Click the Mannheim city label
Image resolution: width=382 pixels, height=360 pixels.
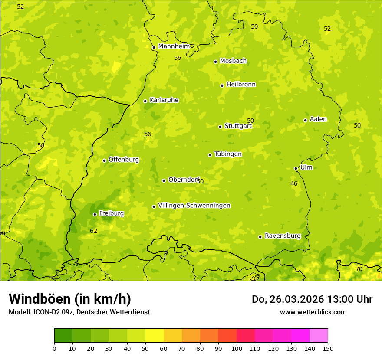pyautogui.click(x=174, y=46)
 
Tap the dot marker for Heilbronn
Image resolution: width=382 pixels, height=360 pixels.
pyautogui.click(x=222, y=85)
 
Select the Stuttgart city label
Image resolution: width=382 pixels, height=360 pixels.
pyautogui.click(x=238, y=126)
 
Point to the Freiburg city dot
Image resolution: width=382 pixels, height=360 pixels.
pyautogui.click(x=95, y=214)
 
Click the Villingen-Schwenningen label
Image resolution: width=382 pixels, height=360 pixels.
pyautogui.click(x=194, y=206)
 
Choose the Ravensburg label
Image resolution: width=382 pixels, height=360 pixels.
pyautogui.click(x=283, y=236)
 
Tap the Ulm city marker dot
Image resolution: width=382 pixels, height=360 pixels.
pyautogui.click(x=296, y=168)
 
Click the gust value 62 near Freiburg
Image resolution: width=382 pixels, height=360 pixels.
pyautogui.click(x=94, y=231)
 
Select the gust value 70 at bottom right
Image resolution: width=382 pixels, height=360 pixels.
pyautogui.click(x=359, y=269)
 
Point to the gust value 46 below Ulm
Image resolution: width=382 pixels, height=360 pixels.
pyautogui.click(x=294, y=184)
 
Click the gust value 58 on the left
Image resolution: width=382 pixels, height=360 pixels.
pyautogui.click(x=41, y=146)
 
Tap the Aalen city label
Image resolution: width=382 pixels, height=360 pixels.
pyautogui.click(x=318, y=119)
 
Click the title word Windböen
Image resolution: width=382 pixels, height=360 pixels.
pyautogui.click(x=40, y=299)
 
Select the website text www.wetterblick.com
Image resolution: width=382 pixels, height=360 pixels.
pyautogui.click(x=313, y=312)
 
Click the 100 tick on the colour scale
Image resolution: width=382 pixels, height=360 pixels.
pyautogui.click(x=237, y=348)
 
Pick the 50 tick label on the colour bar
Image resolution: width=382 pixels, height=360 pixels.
pyautogui.click(x=145, y=348)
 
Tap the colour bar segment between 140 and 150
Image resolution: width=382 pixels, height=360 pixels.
pyautogui.click(x=319, y=336)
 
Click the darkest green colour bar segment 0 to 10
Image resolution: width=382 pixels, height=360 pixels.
pyautogui.click(x=63, y=336)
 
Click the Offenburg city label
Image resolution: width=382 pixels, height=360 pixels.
pyautogui.click(x=124, y=160)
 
